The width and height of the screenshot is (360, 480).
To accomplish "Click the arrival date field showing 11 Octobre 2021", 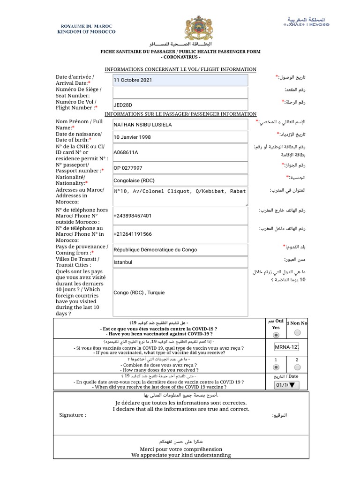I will (180, 80).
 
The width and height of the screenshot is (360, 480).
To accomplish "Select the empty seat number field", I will (180, 92).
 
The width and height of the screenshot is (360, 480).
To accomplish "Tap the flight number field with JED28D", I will (180, 105).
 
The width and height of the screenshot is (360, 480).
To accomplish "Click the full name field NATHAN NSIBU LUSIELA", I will (180, 125).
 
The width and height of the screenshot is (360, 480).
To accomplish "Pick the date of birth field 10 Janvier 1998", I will (180, 137).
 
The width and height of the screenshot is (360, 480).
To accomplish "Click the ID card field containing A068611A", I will (180, 152).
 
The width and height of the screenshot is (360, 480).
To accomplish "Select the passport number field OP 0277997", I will (180, 168).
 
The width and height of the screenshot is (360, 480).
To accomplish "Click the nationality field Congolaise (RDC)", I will (180, 180).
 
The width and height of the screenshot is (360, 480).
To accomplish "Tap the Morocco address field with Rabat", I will (180, 196).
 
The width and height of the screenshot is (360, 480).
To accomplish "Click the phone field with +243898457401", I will (180, 216).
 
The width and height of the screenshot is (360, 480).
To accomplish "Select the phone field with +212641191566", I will (180, 234).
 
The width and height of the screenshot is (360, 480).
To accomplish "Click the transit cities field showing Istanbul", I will (180, 262).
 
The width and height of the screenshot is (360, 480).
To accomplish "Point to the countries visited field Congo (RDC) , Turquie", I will (180, 292).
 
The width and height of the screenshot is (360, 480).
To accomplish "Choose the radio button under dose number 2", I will (297, 367).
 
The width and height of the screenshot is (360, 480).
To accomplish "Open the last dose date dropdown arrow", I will (292, 385).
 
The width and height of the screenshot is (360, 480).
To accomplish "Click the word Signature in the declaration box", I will (73, 415).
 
